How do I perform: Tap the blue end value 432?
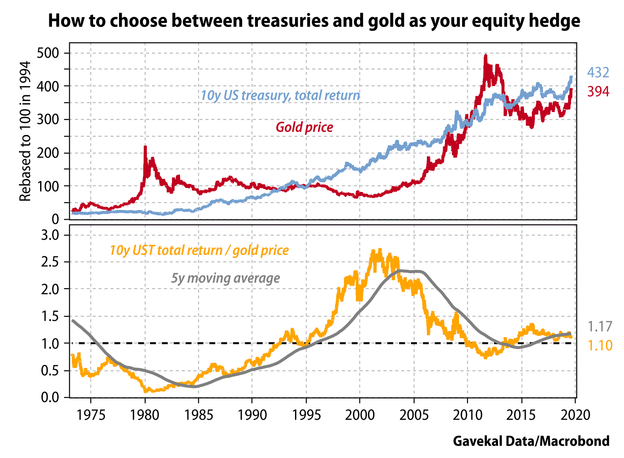click(598, 73)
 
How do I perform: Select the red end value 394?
click(598, 91)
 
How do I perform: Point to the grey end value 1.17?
click(600, 327)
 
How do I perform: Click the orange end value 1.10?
click(600, 345)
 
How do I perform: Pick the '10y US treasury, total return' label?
click(280, 96)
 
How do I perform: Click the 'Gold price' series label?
click(304, 128)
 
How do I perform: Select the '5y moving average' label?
click(225, 278)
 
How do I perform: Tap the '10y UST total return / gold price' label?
click(199, 251)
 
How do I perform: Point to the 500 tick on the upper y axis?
click(49, 53)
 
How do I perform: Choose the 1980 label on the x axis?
click(145, 415)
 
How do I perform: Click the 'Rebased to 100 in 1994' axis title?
click(25, 131)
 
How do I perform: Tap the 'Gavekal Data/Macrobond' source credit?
click(531, 441)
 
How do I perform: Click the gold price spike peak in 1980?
click(145, 147)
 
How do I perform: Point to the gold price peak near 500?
click(486, 56)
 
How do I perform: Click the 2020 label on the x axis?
click(575, 415)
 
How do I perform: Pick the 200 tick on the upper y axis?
click(49, 153)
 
